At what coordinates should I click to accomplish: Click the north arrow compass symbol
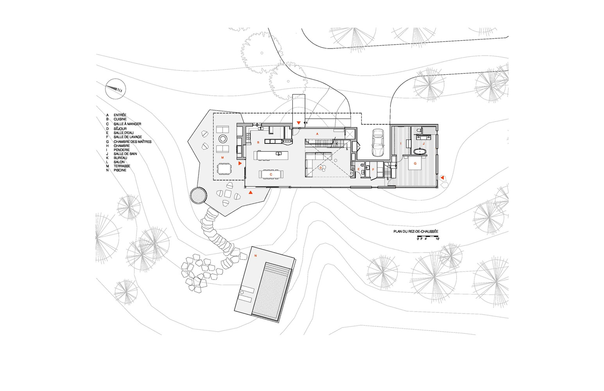click(115, 89)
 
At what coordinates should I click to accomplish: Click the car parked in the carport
click(378, 143)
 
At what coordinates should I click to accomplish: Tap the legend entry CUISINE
click(120, 119)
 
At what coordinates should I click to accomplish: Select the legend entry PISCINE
click(120, 170)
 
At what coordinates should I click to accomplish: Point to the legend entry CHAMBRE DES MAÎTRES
click(133, 142)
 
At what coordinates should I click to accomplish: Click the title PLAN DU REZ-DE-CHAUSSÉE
click(416, 231)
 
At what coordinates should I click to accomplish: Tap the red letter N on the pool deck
click(255, 255)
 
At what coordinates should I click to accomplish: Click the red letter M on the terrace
click(222, 157)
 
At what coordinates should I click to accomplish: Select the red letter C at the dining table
click(271, 174)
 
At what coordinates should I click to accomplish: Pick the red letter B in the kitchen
click(258, 142)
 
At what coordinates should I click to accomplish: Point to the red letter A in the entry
click(317, 134)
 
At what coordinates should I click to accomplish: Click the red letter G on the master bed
click(415, 163)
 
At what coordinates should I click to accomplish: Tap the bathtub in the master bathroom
click(419, 151)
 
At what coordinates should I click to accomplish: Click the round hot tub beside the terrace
click(199, 196)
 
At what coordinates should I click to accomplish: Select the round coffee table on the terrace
click(223, 139)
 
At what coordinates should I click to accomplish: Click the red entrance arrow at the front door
click(299, 123)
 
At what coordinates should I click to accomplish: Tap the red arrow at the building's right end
click(442, 178)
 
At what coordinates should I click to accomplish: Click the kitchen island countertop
click(271, 155)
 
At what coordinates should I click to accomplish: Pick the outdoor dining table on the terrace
click(224, 169)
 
